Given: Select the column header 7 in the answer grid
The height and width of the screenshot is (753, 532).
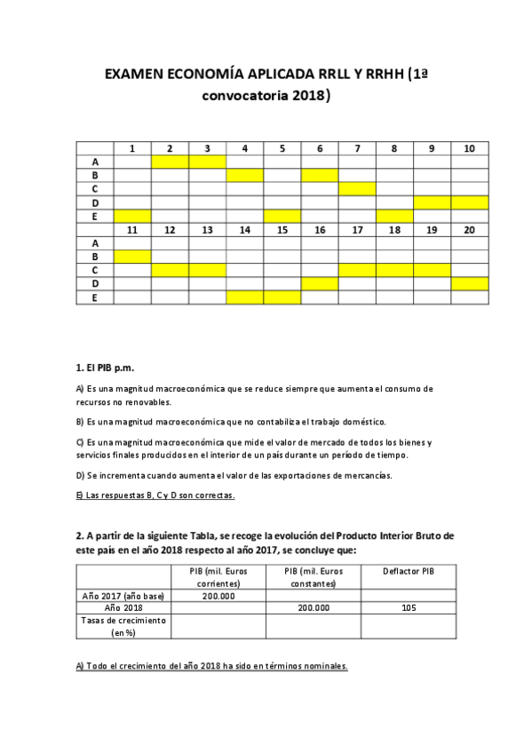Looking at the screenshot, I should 357,148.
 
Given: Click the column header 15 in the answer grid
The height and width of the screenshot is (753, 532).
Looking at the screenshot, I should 282,229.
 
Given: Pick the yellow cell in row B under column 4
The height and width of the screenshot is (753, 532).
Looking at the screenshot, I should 244,175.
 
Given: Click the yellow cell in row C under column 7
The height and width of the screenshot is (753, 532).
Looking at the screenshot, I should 357,188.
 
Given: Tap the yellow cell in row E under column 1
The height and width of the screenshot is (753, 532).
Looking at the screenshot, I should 131,216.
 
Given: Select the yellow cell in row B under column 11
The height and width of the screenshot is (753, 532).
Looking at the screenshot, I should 131,257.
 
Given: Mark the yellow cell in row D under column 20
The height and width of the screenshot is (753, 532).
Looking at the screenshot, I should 469,283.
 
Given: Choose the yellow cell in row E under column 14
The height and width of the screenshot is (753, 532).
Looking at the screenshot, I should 244,297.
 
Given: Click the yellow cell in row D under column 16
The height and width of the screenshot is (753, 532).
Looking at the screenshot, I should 320,283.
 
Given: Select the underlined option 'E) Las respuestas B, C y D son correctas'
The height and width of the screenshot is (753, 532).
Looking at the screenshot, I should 156,495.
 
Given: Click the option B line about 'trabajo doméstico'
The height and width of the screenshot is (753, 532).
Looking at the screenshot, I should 231,421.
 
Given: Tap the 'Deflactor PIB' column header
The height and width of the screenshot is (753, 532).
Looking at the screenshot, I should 409,570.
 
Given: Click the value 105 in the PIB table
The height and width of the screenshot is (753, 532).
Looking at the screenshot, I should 409,607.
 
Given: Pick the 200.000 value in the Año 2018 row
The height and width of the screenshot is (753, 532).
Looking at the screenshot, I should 313,607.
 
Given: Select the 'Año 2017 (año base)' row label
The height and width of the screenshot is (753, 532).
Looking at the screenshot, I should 123,596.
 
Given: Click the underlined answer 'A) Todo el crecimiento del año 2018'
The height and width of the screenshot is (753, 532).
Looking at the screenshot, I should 211,666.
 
